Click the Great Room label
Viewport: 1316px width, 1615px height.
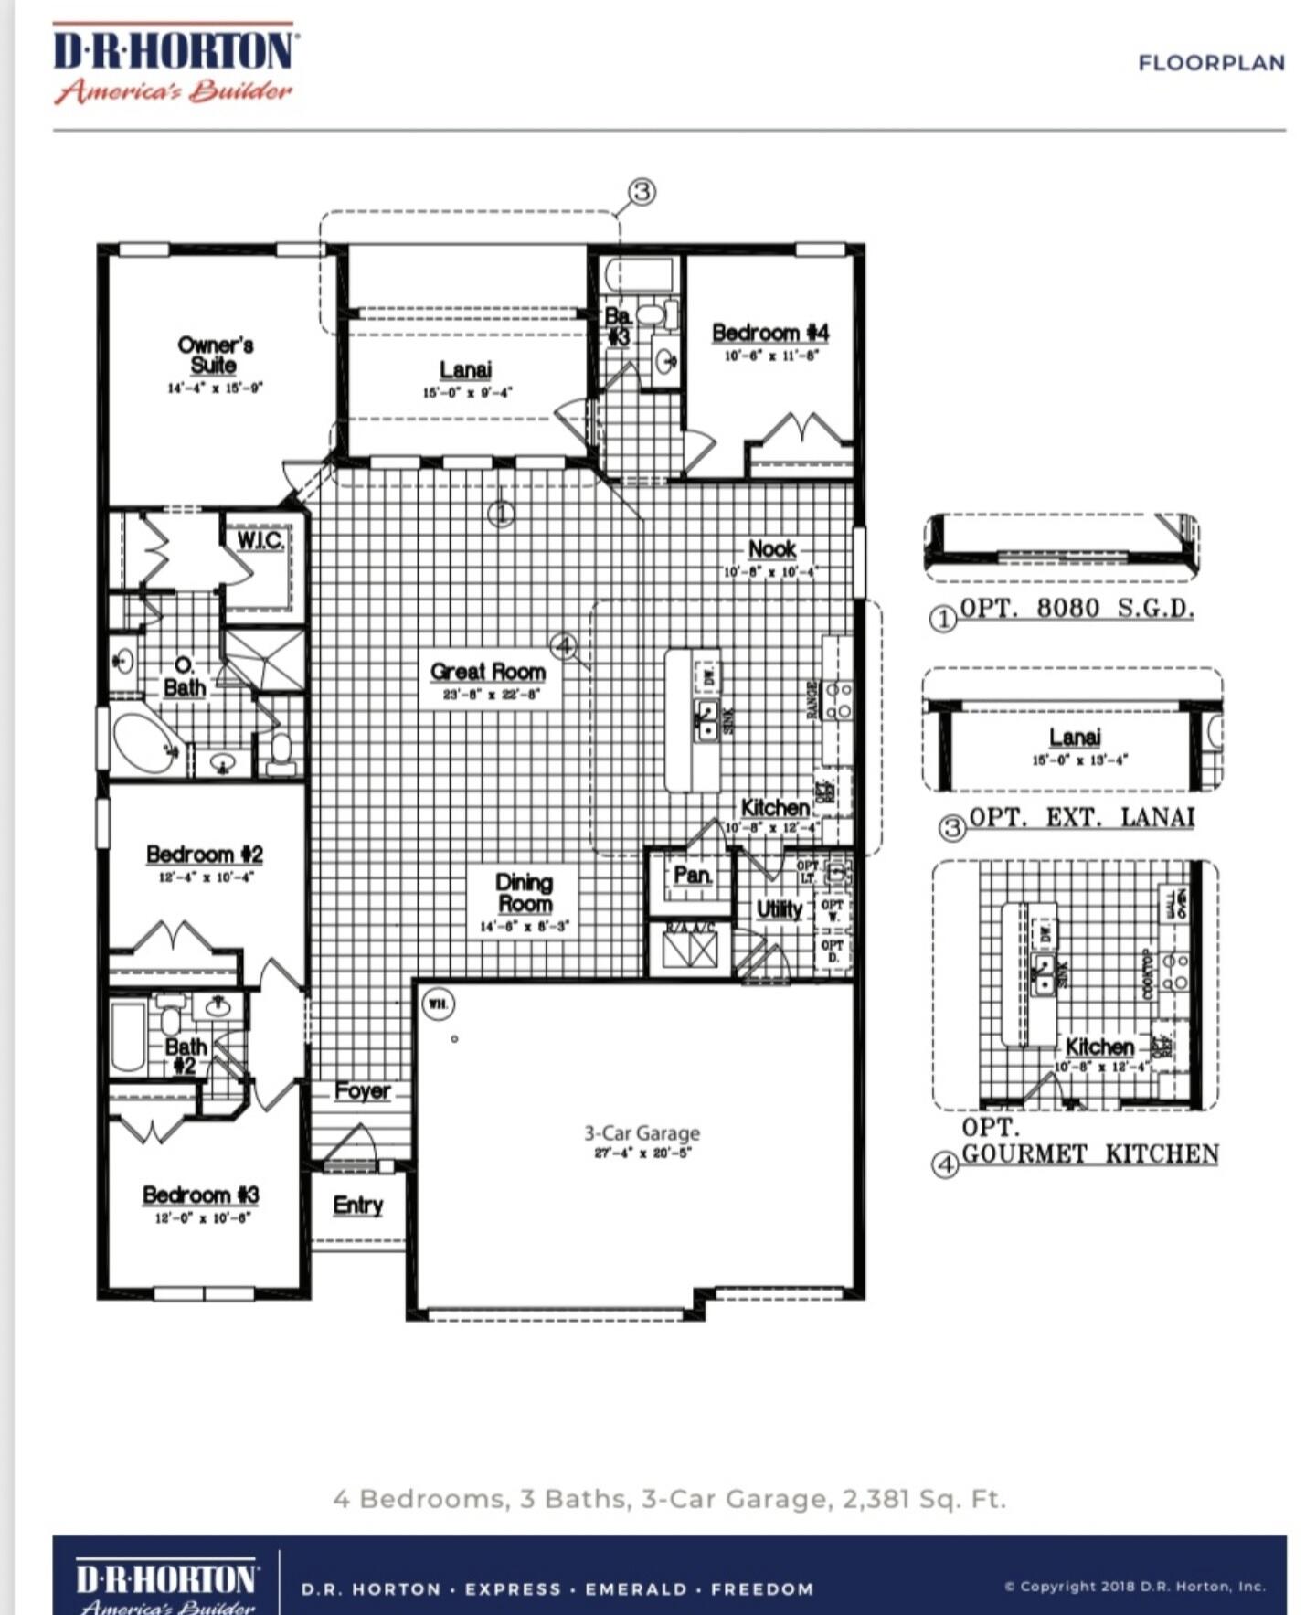tap(488, 672)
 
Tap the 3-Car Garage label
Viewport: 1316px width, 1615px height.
tap(642, 1132)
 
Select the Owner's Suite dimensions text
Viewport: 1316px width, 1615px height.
tap(215, 388)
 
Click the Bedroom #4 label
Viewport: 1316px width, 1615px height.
tap(770, 333)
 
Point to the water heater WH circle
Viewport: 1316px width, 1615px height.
tap(439, 1004)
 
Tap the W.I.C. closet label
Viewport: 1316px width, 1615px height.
tap(260, 540)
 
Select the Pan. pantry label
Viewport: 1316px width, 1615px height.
tap(692, 875)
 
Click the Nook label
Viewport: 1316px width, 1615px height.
tap(772, 548)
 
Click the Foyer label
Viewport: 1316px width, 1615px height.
tap(362, 1090)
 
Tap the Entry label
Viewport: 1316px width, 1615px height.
tap(357, 1205)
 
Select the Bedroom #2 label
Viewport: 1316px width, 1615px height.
tap(205, 855)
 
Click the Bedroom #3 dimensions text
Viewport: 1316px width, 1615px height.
tap(202, 1218)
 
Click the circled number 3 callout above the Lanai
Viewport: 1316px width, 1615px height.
tap(642, 192)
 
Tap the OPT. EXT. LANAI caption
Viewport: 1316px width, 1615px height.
tap(1081, 817)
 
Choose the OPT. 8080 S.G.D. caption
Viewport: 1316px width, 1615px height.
tap(1077, 608)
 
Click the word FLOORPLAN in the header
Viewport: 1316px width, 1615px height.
tap(1211, 63)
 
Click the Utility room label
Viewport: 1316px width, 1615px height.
tap(780, 908)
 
